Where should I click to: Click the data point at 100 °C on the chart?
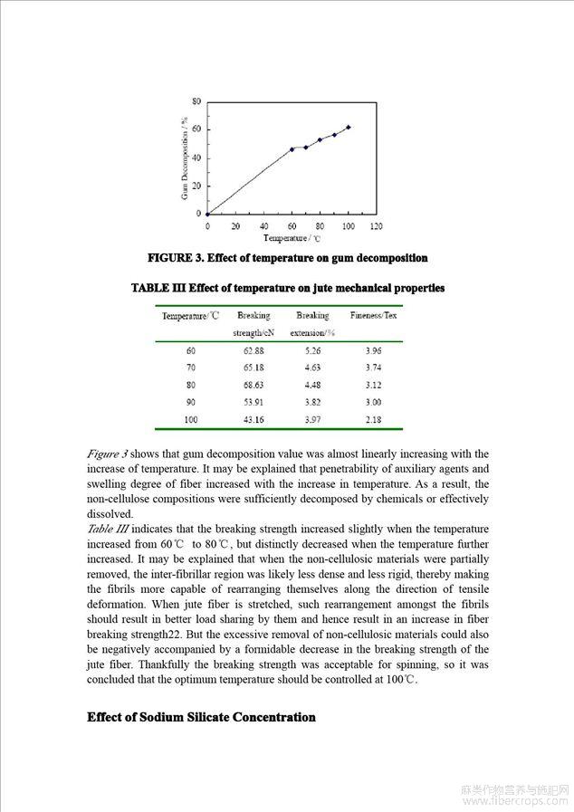[x=349, y=128]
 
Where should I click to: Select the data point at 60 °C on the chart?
[x=292, y=149]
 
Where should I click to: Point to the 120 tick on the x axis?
[x=376, y=226]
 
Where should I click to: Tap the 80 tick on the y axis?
[x=196, y=102]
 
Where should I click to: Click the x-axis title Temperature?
[x=292, y=238]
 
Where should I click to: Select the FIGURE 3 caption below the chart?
[x=287, y=258]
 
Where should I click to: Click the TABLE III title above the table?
[x=288, y=288]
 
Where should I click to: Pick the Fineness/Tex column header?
[x=373, y=316]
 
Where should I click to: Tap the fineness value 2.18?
[x=373, y=419]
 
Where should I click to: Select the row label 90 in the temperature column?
[x=190, y=402]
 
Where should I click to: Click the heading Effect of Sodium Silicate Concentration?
[x=201, y=718]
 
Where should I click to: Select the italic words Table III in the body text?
[x=110, y=529]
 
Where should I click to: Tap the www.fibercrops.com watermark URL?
[x=513, y=801]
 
